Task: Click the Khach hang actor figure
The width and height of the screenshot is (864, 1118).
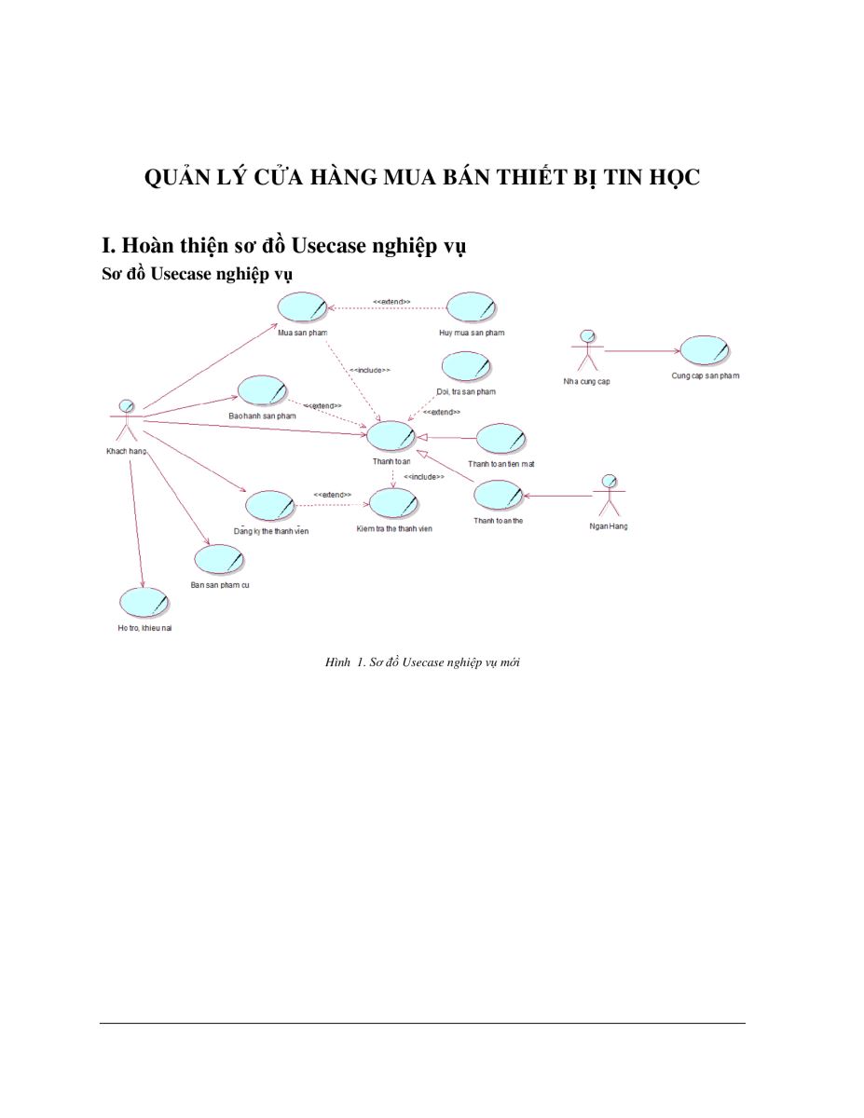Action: pos(126,420)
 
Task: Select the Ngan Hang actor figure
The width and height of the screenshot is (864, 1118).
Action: pos(610,495)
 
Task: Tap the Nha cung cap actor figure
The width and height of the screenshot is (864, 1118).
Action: pos(587,350)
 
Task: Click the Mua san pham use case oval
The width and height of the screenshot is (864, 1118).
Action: pos(303,307)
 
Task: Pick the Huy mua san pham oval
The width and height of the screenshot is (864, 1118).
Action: pos(472,307)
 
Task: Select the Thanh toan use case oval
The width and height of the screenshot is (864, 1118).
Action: pos(391,436)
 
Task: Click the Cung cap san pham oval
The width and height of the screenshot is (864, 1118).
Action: pos(705,351)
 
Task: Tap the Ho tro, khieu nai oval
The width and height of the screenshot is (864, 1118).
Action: pos(144,603)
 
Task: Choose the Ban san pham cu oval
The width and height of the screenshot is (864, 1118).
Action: pos(219,559)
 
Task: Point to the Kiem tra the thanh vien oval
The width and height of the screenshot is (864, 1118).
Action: pos(393,503)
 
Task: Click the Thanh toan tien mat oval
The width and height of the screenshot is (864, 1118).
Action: pos(501,439)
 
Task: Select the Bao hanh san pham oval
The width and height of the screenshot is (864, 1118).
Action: pos(262,390)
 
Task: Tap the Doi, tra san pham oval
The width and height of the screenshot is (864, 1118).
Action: pos(466,367)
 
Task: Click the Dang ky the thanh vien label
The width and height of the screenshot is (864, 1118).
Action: pos(271,531)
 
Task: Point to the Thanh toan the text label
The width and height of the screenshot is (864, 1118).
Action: pos(498,521)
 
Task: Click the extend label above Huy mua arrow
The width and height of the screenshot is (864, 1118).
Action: pos(391,302)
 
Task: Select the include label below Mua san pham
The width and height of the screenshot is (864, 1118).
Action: pos(370,370)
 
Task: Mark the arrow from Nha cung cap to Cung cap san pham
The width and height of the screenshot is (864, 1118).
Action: pos(642,351)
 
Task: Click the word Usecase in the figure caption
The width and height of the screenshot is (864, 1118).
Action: pos(423,662)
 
